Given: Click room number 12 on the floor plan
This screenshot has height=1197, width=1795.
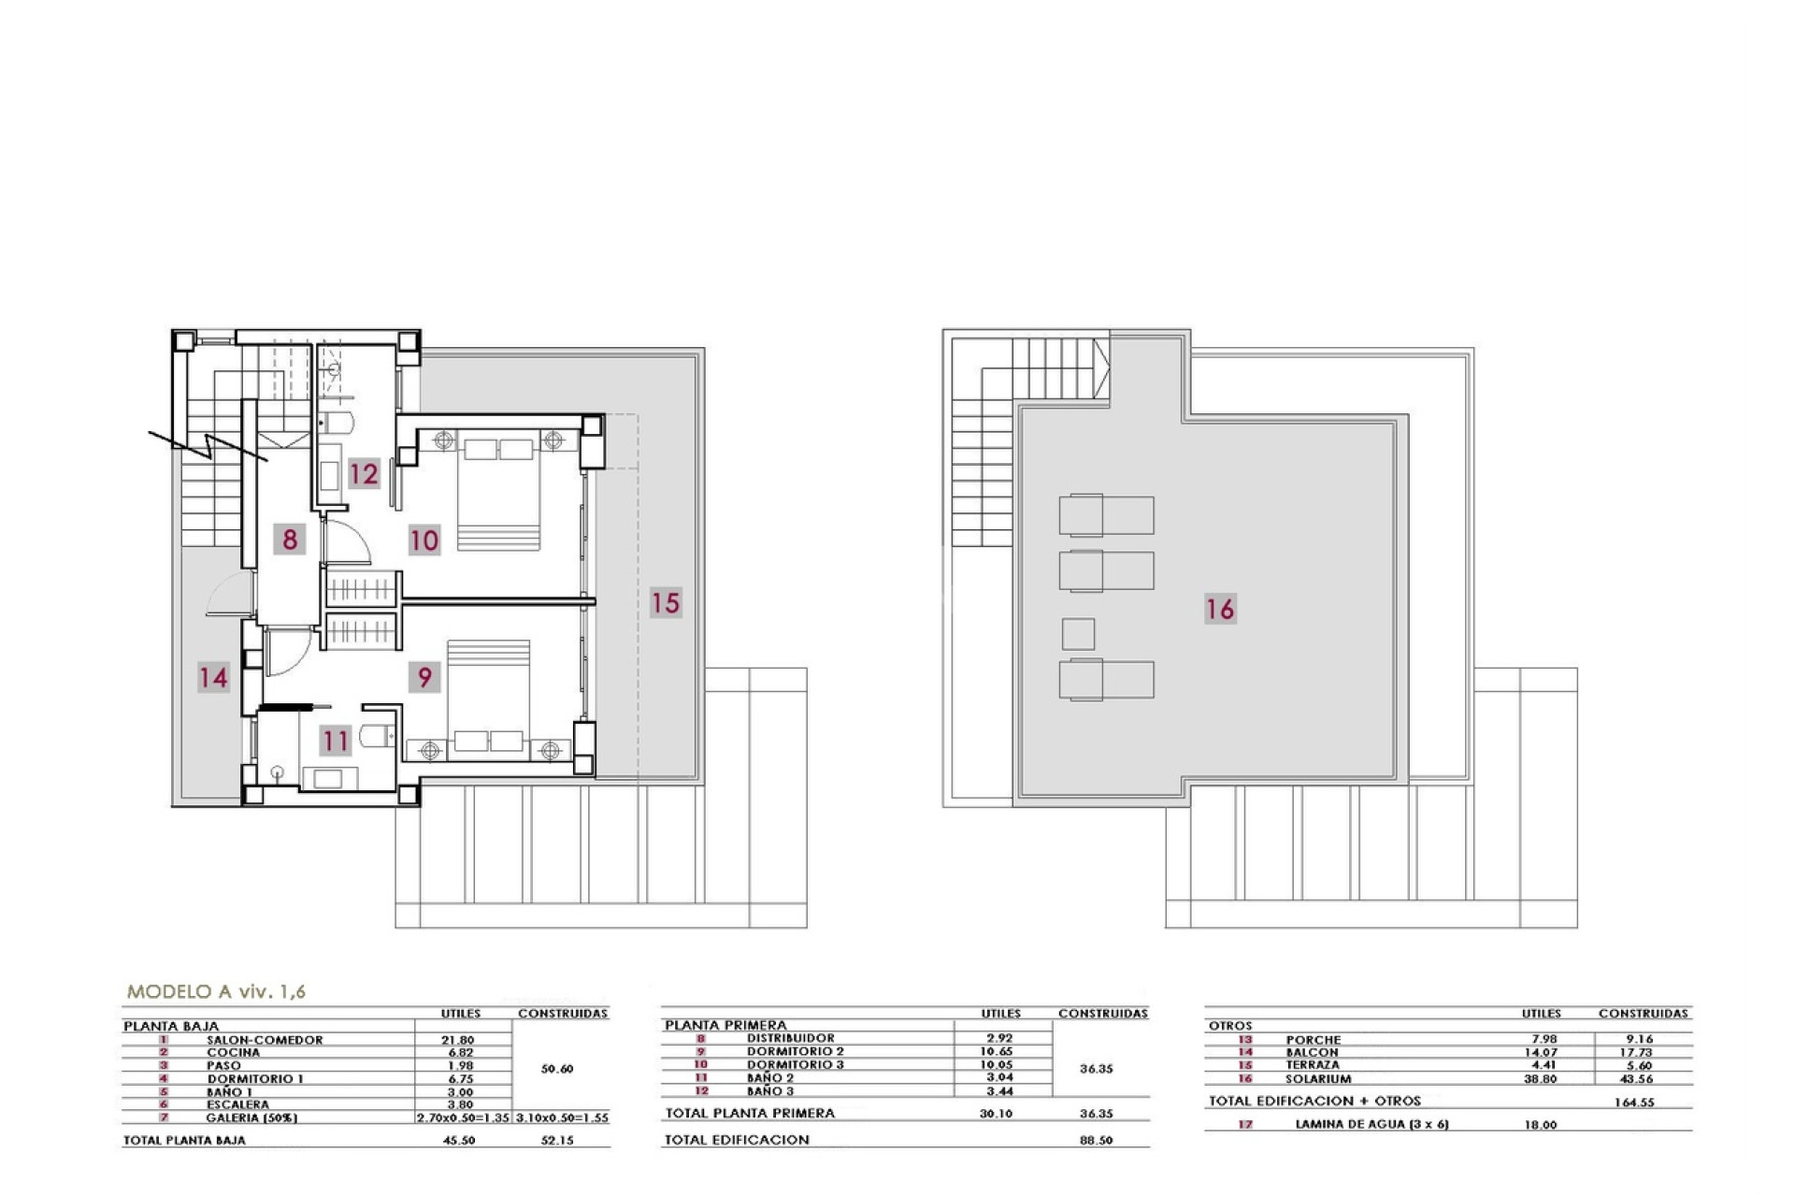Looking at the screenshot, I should [364, 474].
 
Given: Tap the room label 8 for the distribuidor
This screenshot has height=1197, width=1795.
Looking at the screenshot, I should [290, 540].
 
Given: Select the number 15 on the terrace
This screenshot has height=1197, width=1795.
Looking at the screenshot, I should [665, 603].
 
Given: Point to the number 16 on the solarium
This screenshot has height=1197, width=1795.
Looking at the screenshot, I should [1220, 610].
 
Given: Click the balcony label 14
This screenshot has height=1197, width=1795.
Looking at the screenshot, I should [213, 677].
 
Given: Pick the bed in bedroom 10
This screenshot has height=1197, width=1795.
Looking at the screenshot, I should [498, 494].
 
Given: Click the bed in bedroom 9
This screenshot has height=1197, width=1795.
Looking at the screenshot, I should [488, 697].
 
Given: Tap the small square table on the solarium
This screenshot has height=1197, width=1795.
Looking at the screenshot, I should [1078, 634].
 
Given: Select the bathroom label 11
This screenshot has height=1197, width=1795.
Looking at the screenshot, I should [335, 742].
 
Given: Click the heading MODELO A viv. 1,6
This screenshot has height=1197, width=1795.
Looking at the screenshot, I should [216, 992].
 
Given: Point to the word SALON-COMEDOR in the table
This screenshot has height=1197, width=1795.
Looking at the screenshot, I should [265, 1040].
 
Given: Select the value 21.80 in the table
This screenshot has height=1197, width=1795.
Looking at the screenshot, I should [457, 1040].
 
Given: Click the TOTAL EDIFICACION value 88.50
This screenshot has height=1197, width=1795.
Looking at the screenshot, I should [1096, 1140].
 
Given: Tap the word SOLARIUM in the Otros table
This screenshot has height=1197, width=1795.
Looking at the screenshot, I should [1317, 1079].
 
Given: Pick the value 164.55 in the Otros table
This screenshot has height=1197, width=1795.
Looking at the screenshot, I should [1633, 1103].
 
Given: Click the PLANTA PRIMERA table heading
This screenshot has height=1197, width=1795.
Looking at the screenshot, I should [725, 1025].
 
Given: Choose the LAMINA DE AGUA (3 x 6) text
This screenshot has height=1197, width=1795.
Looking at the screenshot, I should [1371, 1125].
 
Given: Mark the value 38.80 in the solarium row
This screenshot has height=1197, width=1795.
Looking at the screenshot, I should [1540, 1079].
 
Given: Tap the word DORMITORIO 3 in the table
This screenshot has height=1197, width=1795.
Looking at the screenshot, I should [795, 1064].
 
